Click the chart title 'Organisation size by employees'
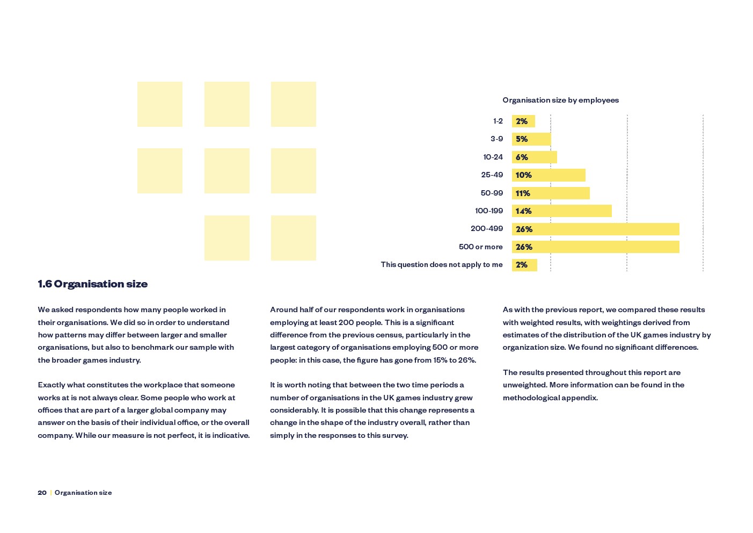coord(560,100)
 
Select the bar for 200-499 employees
coord(595,229)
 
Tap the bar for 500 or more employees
coord(595,247)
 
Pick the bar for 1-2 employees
coord(523,121)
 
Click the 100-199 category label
coord(489,211)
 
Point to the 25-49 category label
coord(492,175)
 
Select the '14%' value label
coord(523,211)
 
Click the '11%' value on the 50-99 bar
coord(523,193)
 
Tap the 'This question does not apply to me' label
coord(442,265)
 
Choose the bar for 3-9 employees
coord(531,139)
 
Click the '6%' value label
coord(522,157)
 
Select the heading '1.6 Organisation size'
coord(92,284)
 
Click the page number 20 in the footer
coord(42,493)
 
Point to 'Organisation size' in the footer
coord(83,493)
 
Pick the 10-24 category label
coord(493,157)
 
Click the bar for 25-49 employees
coord(549,175)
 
